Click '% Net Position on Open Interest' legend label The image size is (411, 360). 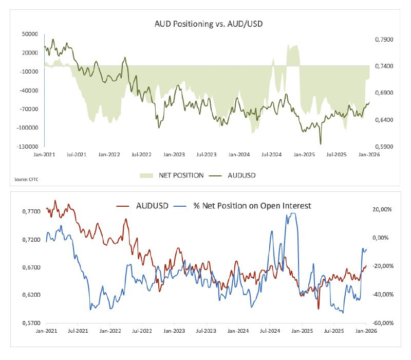[252, 206]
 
